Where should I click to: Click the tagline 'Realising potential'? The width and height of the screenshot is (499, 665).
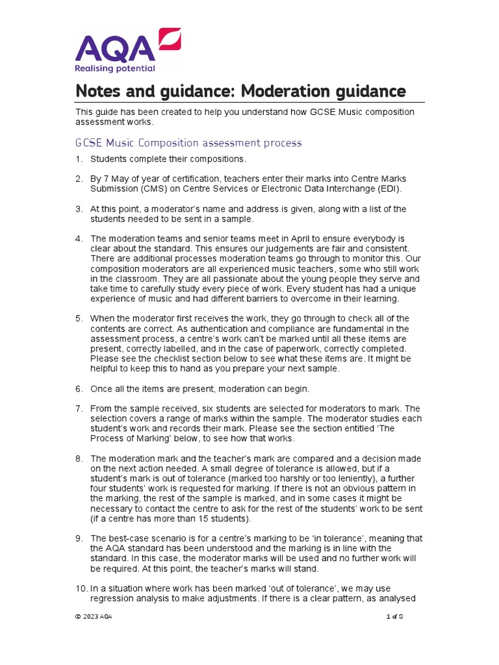click(x=115, y=68)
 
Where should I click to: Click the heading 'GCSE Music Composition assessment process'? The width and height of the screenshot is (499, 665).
click(x=189, y=142)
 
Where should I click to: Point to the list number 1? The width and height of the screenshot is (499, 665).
click(x=79, y=159)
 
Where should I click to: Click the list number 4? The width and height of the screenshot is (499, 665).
click(x=79, y=238)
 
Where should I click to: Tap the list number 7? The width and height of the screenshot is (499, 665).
click(x=79, y=408)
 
